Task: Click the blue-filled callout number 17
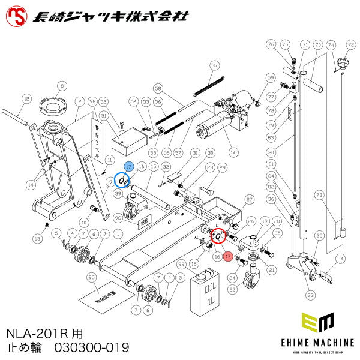coord(129,166)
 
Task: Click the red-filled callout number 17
coord(227,256)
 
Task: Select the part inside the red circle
coord(217,237)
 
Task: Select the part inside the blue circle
coord(121,180)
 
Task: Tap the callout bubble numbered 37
coord(214,65)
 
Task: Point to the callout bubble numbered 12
coord(25,98)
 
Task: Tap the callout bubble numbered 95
coord(91,277)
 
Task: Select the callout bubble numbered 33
coord(310,295)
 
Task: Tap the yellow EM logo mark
coord(317,324)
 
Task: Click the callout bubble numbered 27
coord(250,198)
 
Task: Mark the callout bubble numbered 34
coord(340,259)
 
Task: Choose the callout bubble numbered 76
coord(271,44)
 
